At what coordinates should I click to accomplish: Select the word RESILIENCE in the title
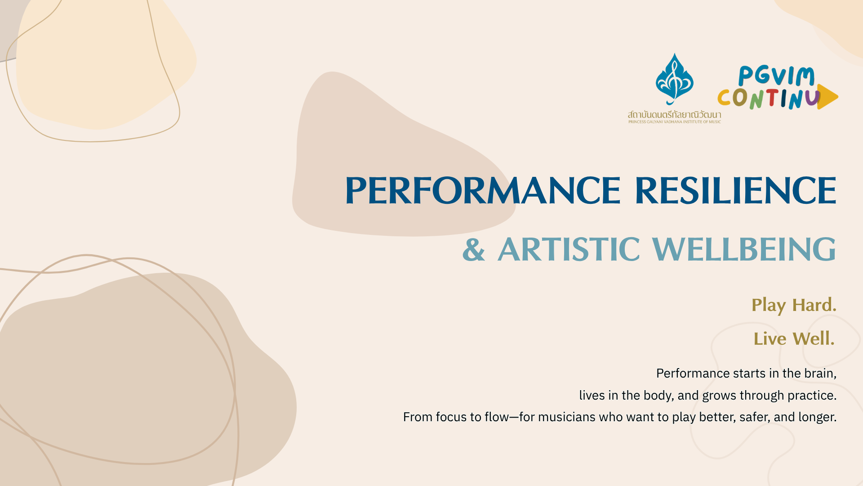point(736,190)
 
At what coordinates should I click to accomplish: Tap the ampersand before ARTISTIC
point(474,249)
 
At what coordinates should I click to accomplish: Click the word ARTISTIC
point(569,249)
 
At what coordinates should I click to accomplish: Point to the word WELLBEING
point(744,249)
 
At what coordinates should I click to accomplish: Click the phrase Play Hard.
point(794,306)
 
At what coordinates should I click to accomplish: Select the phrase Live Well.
point(794,338)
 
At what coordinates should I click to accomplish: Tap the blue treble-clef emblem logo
point(674,79)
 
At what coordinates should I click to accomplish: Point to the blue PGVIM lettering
point(776,76)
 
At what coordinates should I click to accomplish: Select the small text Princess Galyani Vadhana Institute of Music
point(674,122)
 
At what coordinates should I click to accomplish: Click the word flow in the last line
point(497,417)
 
